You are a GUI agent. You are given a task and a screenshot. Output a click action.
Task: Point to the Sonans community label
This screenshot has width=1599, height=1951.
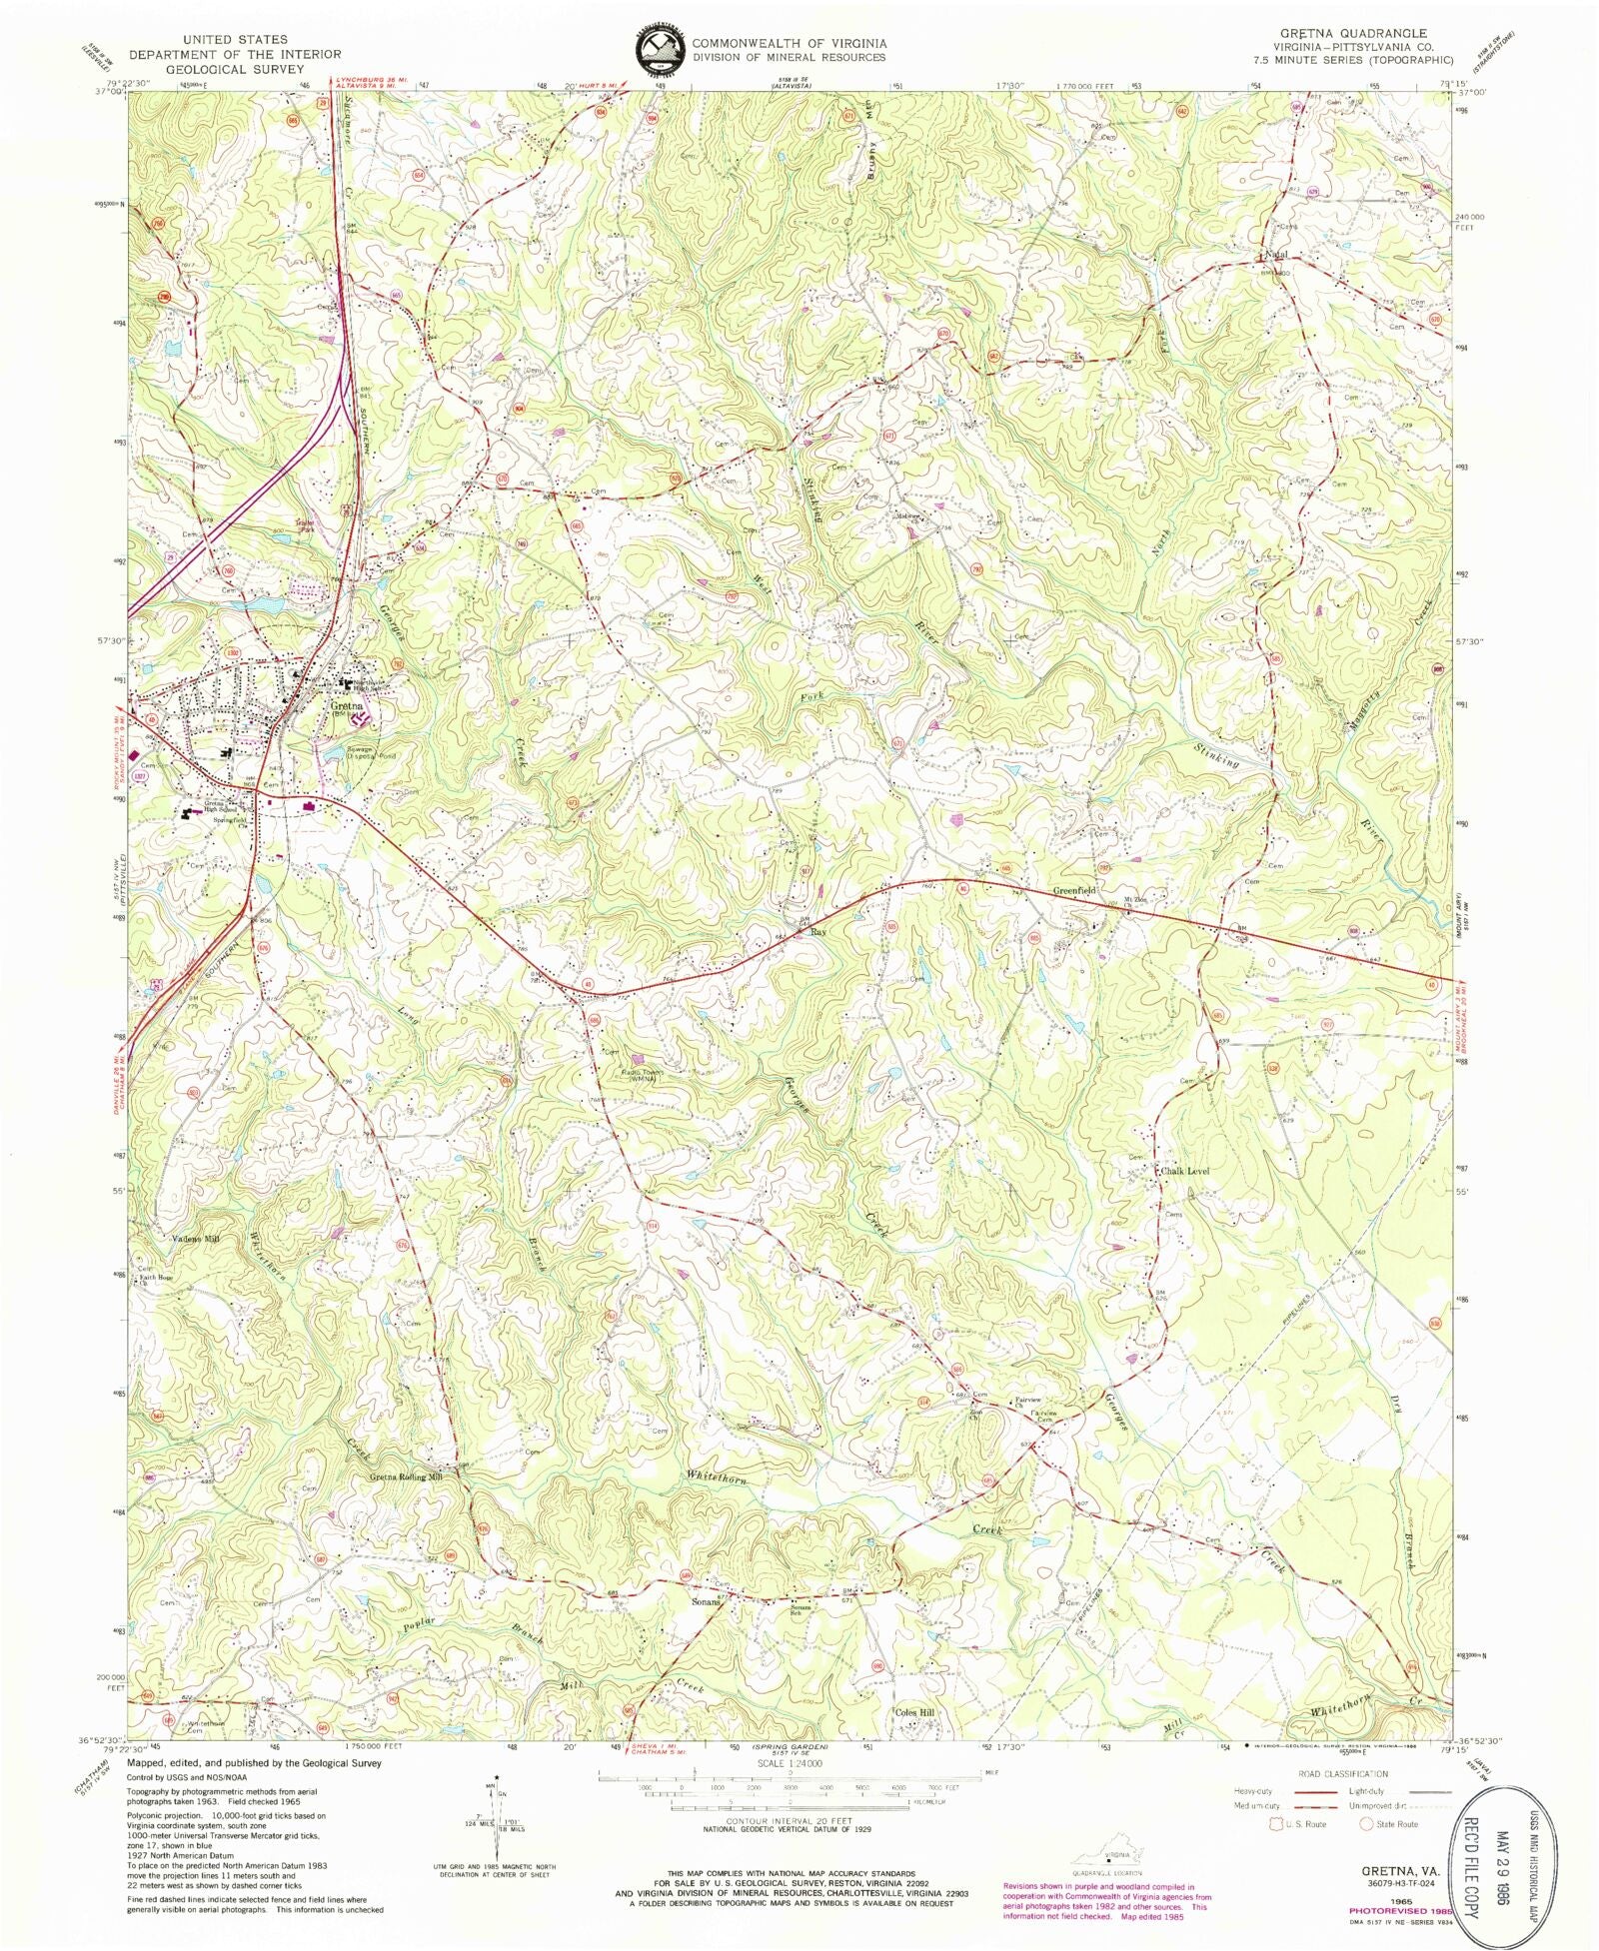pos(707,1600)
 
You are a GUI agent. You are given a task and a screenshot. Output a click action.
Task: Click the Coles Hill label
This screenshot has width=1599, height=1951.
pos(914,1712)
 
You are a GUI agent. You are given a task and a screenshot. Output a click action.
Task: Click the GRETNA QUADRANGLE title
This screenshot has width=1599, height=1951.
pos(1348,33)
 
